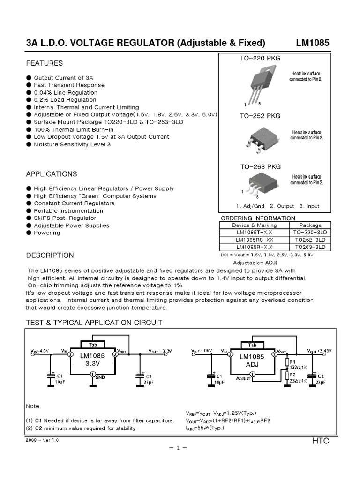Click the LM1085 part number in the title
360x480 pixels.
click(x=312, y=43)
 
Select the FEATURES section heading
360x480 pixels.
click(x=44, y=63)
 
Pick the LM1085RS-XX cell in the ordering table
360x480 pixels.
click(x=254, y=240)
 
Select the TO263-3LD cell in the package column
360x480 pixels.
click(x=310, y=247)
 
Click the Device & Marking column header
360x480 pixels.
click(x=254, y=225)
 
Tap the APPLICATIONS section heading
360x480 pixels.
click(x=52, y=174)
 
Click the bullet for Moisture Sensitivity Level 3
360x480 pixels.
click(x=29, y=144)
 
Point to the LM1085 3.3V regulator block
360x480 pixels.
click(x=92, y=360)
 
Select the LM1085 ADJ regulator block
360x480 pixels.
click(x=252, y=360)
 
